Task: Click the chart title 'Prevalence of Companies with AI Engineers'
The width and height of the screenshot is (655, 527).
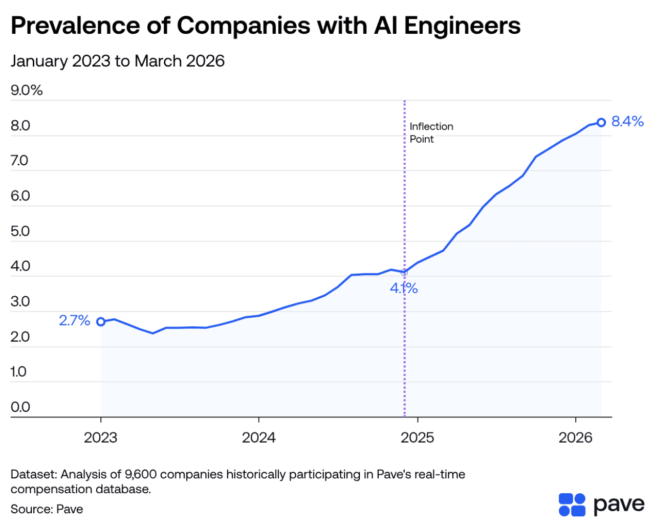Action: pyautogui.click(x=265, y=26)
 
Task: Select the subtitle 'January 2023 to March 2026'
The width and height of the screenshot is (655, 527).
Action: pyautogui.click(x=118, y=61)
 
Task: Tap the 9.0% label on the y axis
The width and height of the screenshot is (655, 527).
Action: pyautogui.click(x=27, y=91)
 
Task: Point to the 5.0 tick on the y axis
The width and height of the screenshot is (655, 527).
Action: pyautogui.click(x=20, y=231)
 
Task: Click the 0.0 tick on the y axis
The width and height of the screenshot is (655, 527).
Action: pyautogui.click(x=20, y=407)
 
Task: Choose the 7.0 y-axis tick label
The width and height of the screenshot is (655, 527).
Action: pyautogui.click(x=20, y=161)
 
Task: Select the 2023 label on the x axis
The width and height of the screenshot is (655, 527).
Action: pyautogui.click(x=101, y=438)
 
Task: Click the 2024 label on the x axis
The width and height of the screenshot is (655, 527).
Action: pyautogui.click(x=259, y=438)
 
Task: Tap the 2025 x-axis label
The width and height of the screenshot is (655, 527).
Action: pyautogui.click(x=418, y=438)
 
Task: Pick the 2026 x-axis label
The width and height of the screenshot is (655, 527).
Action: pyautogui.click(x=576, y=438)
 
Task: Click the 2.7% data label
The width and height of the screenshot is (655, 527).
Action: pyautogui.click(x=75, y=321)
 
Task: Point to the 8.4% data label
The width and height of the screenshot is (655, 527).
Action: pyautogui.click(x=627, y=121)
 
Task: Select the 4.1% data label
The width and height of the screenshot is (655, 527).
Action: pyautogui.click(x=404, y=289)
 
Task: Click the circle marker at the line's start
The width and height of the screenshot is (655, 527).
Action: pyautogui.click(x=101, y=322)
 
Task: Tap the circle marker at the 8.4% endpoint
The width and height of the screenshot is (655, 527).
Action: pyautogui.click(x=601, y=123)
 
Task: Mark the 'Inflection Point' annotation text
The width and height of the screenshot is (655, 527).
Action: pyautogui.click(x=431, y=133)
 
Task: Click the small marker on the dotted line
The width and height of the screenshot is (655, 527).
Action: pyautogui.click(x=404, y=272)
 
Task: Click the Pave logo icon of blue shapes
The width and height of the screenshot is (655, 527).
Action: pyautogui.click(x=572, y=504)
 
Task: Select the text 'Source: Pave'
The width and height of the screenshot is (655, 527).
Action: pyautogui.click(x=47, y=509)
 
